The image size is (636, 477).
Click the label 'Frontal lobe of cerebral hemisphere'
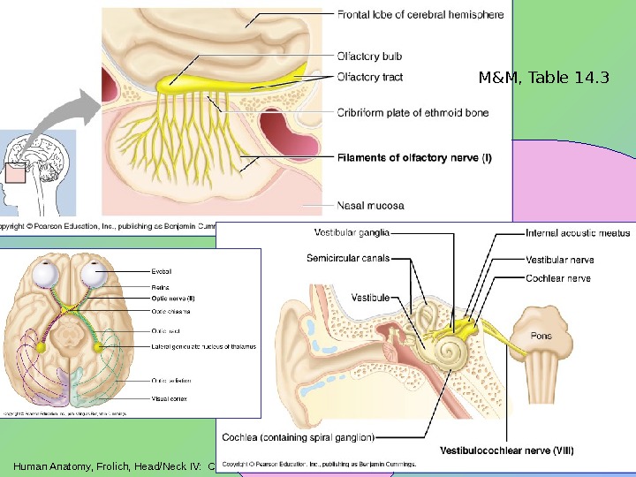click(x=420, y=14)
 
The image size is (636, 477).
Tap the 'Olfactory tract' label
click(x=370, y=77)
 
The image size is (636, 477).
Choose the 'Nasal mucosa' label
click(x=371, y=205)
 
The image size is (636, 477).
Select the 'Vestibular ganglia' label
click(x=352, y=233)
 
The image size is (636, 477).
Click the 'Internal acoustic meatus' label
click(x=578, y=233)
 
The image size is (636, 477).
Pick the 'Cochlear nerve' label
click(x=558, y=277)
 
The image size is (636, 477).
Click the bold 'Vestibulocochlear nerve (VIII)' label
click(x=506, y=450)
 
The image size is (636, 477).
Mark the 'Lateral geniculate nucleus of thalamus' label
click(x=203, y=346)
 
